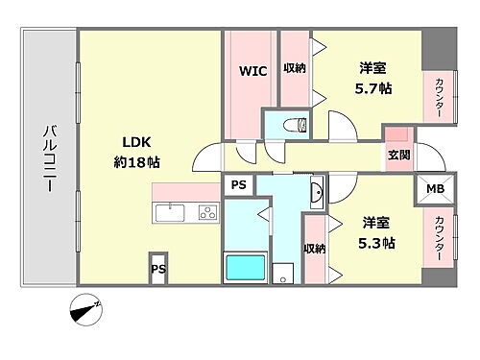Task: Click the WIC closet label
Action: tap(252, 71)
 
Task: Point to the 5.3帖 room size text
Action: tap(377, 243)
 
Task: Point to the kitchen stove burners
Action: tap(207, 212)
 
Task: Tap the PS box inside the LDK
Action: tap(158, 270)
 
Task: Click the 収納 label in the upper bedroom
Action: tap(293, 68)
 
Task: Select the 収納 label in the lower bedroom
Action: tap(314, 249)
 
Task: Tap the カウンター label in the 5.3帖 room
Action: tap(439, 239)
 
